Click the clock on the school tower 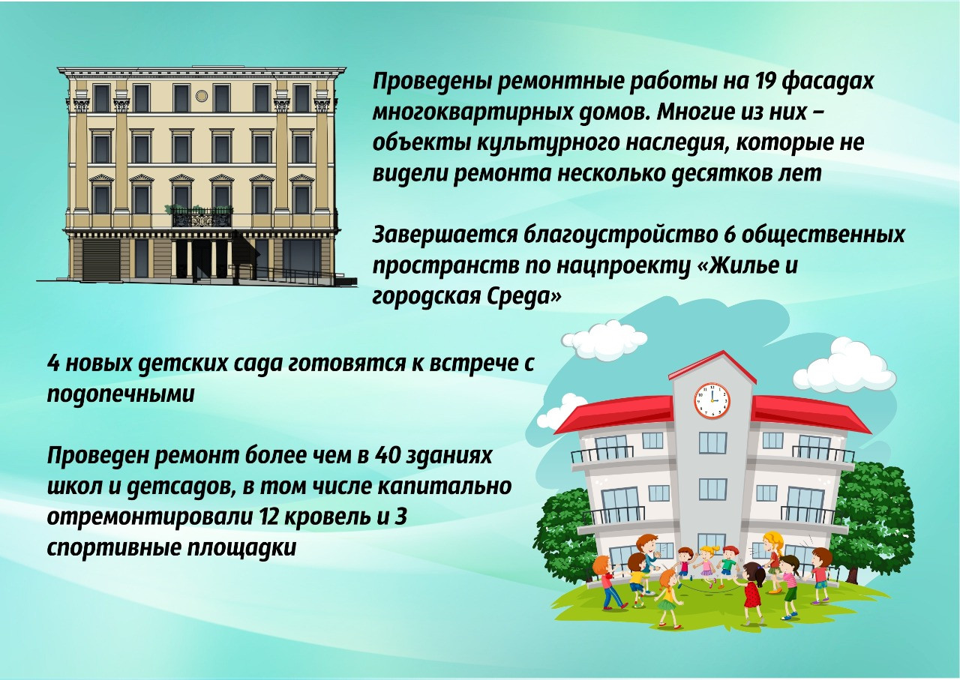[x=712, y=400]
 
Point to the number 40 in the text [x=388, y=456]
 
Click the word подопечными [x=121, y=394]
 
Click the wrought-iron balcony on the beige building [x=202, y=217]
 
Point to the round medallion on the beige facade [x=202, y=96]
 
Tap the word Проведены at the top [x=431, y=82]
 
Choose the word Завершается [x=445, y=235]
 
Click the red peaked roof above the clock [x=712, y=365]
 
